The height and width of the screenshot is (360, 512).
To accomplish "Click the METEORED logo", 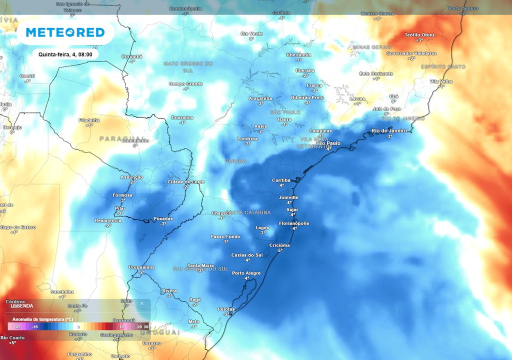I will (65, 32).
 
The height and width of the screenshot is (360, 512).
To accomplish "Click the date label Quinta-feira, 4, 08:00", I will (65, 54).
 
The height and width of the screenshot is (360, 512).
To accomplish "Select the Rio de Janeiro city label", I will (389, 131).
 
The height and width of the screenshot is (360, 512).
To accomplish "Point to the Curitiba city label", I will (280, 180).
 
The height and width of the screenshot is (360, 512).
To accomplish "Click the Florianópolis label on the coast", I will (294, 223).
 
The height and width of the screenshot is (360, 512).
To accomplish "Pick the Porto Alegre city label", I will (246, 273).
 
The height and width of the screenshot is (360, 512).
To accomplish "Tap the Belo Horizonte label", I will (376, 73).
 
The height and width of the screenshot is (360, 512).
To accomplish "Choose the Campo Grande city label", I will (185, 84).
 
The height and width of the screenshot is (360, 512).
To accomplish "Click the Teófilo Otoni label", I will (419, 34).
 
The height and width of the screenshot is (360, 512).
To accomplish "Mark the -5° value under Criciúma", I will (280, 250).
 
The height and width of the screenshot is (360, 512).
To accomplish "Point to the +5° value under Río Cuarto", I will (12, 343).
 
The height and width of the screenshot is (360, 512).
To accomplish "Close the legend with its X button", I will (141, 303).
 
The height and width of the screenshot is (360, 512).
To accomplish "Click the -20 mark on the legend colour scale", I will (16, 326).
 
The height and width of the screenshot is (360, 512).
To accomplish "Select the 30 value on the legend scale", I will (145, 326).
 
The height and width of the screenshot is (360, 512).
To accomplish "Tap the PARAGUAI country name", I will (121, 138).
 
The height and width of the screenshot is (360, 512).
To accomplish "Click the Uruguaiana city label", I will (142, 267).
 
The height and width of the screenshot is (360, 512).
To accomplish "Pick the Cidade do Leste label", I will (185, 181).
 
